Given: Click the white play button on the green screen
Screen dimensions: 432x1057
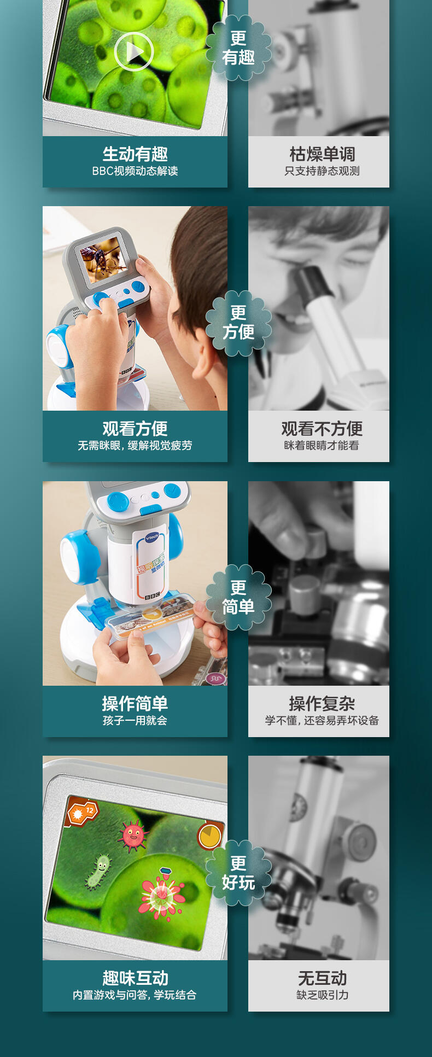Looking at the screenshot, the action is (x=134, y=52).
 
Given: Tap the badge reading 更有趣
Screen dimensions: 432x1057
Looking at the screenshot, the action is (x=238, y=48).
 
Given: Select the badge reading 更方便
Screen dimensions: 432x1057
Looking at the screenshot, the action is (x=238, y=323).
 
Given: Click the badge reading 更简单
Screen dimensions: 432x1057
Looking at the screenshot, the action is (x=238, y=597).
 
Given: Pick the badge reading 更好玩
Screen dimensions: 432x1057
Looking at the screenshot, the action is (x=238, y=873).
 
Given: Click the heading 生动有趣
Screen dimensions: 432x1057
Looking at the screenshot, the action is (x=135, y=154).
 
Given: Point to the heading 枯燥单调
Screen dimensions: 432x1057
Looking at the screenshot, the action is (x=322, y=154).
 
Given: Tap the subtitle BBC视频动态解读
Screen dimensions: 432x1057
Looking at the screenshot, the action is (x=135, y=171).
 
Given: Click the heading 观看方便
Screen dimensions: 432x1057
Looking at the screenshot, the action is (x=135, y=429).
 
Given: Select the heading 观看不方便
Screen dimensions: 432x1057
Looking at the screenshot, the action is (x=322, y=429).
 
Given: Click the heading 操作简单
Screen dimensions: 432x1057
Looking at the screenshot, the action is (x=135, y=704).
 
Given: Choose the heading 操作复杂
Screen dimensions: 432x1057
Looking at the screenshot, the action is (x=322, y=704).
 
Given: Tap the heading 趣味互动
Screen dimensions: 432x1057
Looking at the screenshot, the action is (x=135, y=978).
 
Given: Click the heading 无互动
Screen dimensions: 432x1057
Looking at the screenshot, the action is (x=322, y=978).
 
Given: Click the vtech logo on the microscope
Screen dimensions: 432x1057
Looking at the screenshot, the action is (x=152, y=537).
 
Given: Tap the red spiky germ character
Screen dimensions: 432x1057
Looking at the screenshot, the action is (x=133, y=835).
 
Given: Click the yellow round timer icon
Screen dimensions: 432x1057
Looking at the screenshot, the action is (x=209, y=836).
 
